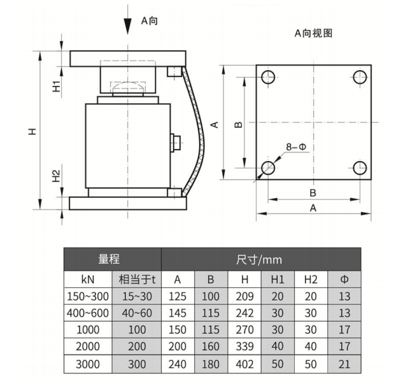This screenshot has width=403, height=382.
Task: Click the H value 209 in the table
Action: pyautogui.click(x=244, y=297)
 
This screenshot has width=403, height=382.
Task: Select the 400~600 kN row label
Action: pyautogui.click(x=88, y=313)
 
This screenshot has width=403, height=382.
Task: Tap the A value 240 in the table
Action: pyautogui.click(x=178, y=364)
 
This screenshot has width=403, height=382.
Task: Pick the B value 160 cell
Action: pyautogui.click(x=211, y=346)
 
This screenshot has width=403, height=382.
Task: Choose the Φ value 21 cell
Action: pyautogui.click(x=344, y=364)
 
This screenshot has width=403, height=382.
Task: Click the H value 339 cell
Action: pyautogui.click(x=244, y=346)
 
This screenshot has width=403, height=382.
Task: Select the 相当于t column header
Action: pyautogui.click(x=137, y=279)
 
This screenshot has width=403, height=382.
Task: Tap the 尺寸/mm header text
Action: pyautogui.click(x=259, y=260)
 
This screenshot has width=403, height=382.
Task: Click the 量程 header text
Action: pyautogui.click(x=109, y=259)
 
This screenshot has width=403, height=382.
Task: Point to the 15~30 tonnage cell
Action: pyautogui.click(x=137, y=297)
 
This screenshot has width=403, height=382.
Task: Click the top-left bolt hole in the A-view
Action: pyautogui.click(x=268, y=77)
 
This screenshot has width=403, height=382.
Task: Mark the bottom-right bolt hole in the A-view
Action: pyautogui.click(x=360, y=168)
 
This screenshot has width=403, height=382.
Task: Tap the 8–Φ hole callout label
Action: pyautogui.click(x=296, y=147)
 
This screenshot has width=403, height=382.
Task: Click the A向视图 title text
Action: pyautogui.click(x=313, y=33)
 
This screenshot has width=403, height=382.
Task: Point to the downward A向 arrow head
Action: pyautogui.click(x=127, y=26)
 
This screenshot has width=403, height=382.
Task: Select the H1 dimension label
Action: pyautogui.click(x=56, y=86)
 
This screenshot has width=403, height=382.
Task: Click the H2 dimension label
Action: pyautogui.click(x=56, y=176)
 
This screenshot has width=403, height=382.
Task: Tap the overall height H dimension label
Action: pyautogui.click(x=32, y=132)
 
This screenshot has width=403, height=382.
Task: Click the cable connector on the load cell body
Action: pyautogui.click(x=176, y=143)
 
